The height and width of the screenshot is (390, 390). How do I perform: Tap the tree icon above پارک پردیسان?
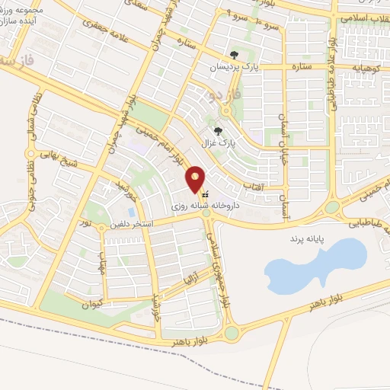click(x=234, y=54)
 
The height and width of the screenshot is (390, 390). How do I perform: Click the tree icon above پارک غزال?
click(x=219, y=131)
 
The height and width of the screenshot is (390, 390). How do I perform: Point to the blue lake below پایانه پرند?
click(x=308, y=267)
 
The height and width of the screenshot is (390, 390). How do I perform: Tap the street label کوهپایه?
click(x=363, y=68)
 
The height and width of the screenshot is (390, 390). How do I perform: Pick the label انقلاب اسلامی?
click(x=364, y=17)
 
